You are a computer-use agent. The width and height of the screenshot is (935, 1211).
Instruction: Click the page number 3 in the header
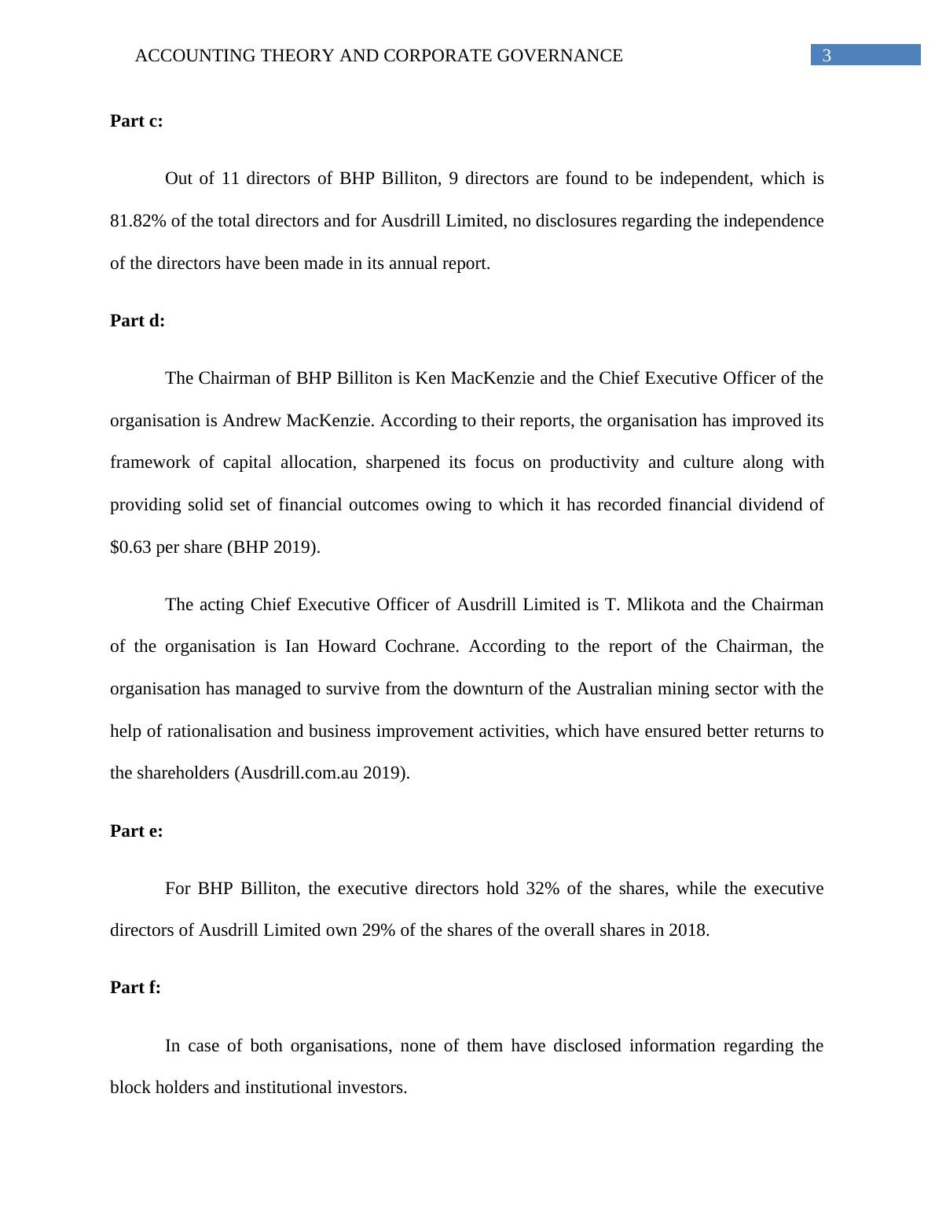tap(826, 56)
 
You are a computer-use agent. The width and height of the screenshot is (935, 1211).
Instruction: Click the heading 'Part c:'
tap(136, 120)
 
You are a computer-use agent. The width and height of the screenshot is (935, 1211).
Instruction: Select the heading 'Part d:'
tap(137, 320)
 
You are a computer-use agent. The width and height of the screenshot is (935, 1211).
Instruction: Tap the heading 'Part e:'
tap(136, 830)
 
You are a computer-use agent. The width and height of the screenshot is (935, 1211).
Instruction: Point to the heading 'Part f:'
tap(135, 987)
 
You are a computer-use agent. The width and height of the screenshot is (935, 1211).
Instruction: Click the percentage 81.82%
tap(137, 221)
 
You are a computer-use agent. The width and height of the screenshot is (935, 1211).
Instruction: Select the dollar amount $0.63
tap(130, 547)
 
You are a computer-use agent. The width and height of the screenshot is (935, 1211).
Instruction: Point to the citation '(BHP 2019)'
tap(273, 547)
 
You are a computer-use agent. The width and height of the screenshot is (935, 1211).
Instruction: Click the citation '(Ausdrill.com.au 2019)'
tap(321, 773)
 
